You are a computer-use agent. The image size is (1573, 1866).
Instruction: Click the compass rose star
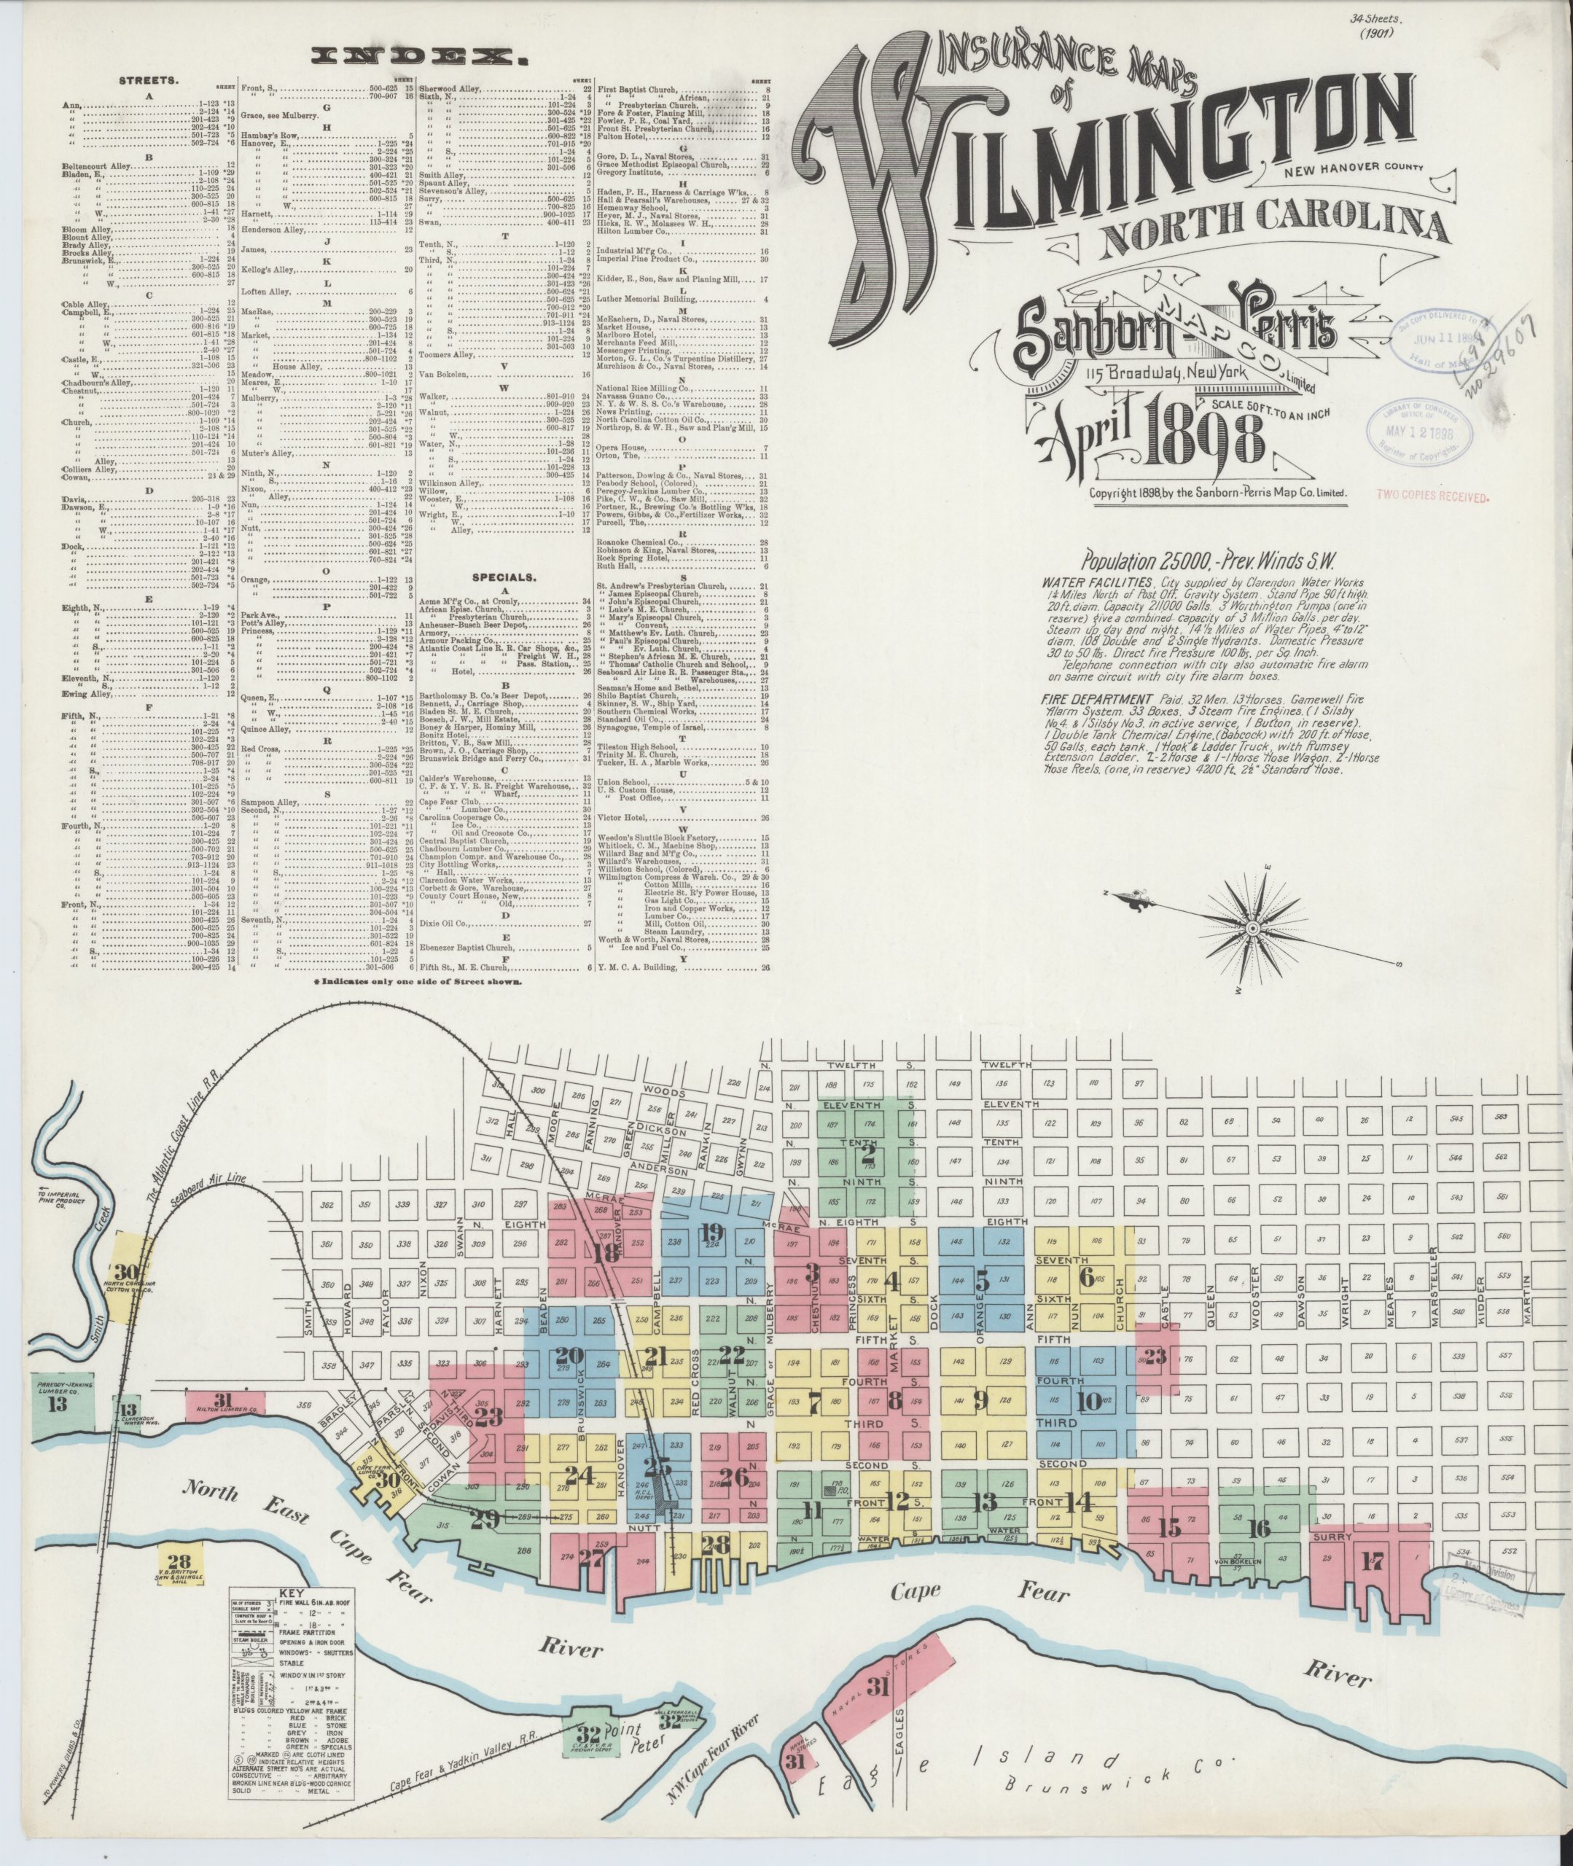pos(1251,930)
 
